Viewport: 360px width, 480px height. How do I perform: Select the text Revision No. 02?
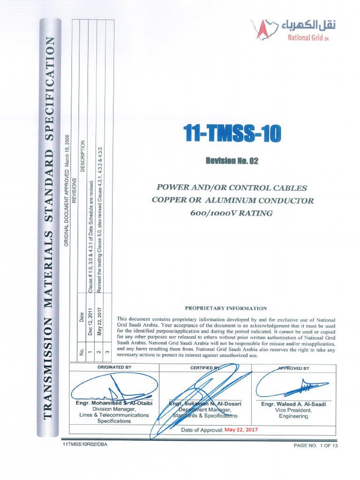pyautogui.click(x=232, y=161)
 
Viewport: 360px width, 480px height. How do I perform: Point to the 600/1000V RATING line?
pyautogui.click(x=232, y=213)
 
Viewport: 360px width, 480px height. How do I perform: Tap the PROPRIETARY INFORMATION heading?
pyautogui.click(x=226, y=308)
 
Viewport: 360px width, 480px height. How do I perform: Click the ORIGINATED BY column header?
pyautogui.click(x=114, y=367)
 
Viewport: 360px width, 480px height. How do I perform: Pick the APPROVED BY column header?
pyautogui.click(x=293, y=368)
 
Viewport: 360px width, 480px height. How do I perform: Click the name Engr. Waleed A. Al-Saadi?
pyautogui.click(x=293, y=404)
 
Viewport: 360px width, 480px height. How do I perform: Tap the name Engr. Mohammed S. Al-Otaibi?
pyautogui.click(x=114, y=403)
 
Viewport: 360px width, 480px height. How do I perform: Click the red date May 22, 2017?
pyautogui.click(x=241, y=429)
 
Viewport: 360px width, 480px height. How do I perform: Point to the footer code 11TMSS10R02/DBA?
pyautogui.click(x=84, y=444)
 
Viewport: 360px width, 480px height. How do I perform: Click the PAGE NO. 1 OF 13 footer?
pyautogui.click(x=315, y=445)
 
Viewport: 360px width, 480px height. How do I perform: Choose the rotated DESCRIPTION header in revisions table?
pyautogui.click(x=83, y=156)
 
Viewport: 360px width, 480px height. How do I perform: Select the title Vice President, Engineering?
pyautogui.click(x=293, y=413)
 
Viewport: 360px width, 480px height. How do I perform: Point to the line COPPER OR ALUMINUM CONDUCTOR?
pyautogui.click(x=232, y=201)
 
